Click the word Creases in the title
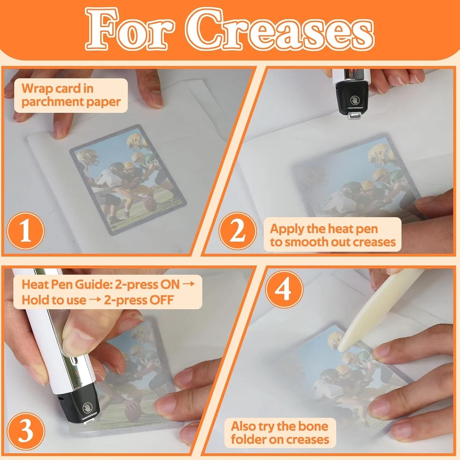280,29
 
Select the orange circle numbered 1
25,231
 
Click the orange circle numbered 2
237,231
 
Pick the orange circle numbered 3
25,431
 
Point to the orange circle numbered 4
284,289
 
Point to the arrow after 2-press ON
188,284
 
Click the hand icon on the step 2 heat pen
355,100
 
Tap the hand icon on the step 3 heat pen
87,408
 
